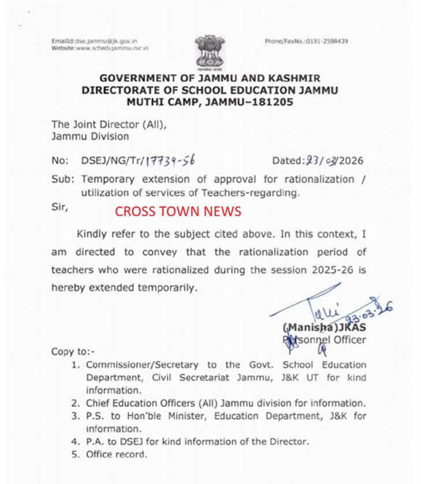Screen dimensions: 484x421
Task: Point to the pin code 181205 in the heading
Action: click(271, 102)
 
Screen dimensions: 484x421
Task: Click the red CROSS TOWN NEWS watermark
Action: click(178, 211)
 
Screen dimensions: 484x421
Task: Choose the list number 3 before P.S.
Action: click(76, 416)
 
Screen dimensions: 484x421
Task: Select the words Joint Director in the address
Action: click(103, 124)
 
